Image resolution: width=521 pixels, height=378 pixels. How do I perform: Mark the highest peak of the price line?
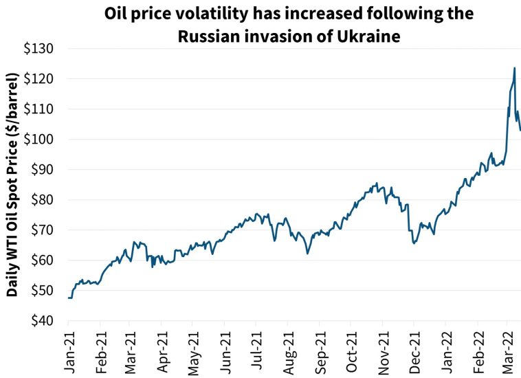click(x=514, y=68)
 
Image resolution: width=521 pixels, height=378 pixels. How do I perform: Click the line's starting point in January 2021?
click(x=69, y=298)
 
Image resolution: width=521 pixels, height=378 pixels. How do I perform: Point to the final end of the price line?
click(x=520, y=130)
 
